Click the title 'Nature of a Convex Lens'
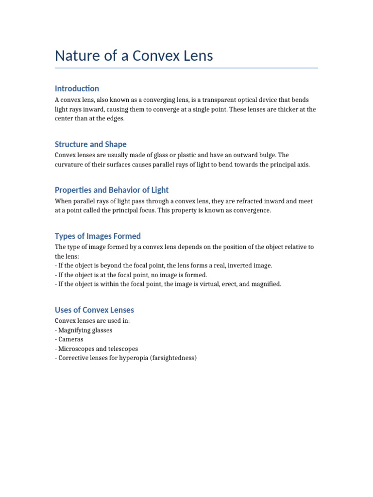pos(134,56)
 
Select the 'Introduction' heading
pos(77,88)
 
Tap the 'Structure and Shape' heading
pos(90,144)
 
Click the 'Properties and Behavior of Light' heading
pos(112,190)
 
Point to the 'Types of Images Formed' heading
pos(98,236)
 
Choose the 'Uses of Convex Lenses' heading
pos(94,310)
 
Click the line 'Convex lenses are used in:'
pos(92,321)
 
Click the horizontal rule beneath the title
pos(186,68)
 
